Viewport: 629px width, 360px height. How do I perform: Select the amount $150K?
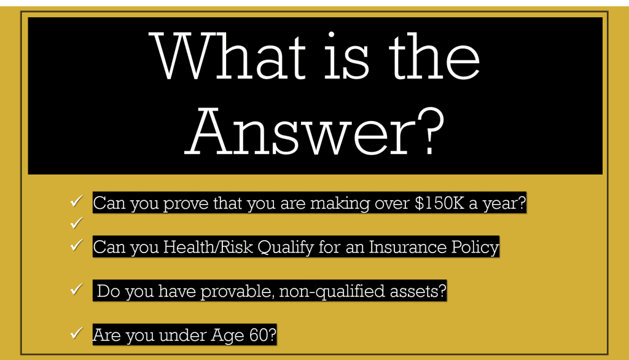[x=439, y=203]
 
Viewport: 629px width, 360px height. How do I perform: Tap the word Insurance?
[x=407, y=247]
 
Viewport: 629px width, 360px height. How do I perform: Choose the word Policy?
[x=475, y=248]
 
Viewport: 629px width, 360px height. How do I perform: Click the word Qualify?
[x=286, y=248]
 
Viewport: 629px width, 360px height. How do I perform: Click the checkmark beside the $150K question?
[x=76, y=201]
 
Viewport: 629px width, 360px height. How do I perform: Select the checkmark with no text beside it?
[x=76, y=222]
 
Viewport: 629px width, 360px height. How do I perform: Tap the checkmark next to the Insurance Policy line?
[x=76, y=245]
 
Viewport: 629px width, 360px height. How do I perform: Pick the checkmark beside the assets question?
[x=76, y=289]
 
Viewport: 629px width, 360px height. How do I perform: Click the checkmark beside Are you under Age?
[x=76, y=333]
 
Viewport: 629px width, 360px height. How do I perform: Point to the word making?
[x=340, y=204]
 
